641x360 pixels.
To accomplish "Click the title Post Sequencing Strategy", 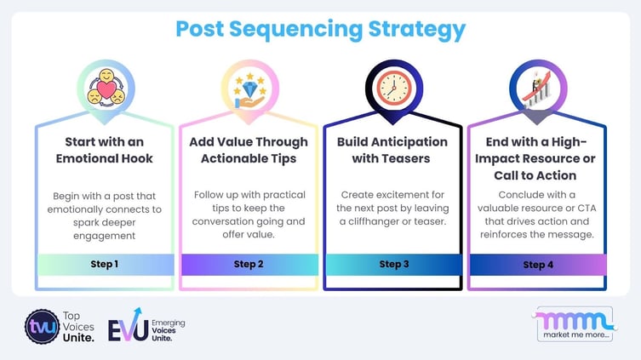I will tap(320, 29).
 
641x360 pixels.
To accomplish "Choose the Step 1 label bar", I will tap(105, 264).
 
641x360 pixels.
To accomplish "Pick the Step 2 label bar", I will tap(248, 264).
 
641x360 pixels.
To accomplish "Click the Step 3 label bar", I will tap(392, 264).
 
